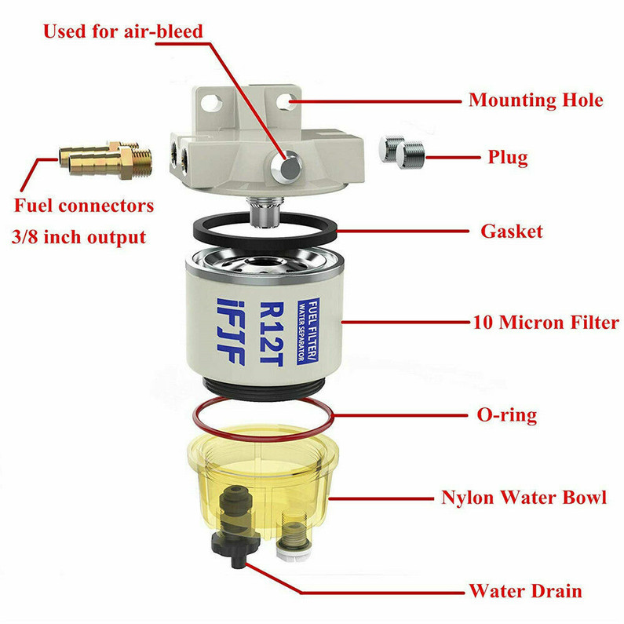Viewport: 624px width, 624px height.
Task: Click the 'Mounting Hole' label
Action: coord(535,100)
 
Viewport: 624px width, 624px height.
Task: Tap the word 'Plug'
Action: coord(505,157)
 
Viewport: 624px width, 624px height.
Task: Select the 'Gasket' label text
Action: coord(511,232)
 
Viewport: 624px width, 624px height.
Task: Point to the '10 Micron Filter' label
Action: coord(546,322)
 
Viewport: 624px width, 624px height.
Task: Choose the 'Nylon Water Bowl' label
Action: coord(524,498)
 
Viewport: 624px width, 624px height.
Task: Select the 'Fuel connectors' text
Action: coord(83,206)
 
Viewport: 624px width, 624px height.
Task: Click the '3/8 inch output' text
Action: coord(82,236)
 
